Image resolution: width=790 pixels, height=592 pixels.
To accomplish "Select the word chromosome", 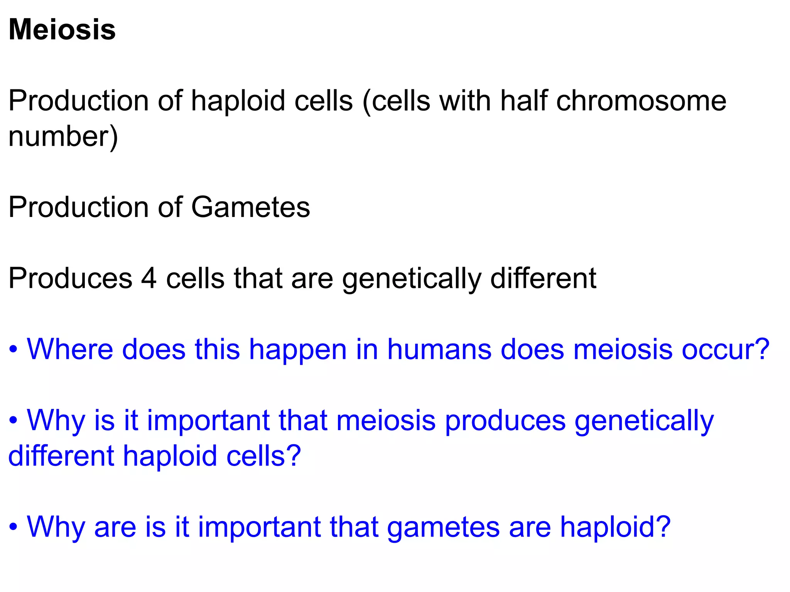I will (x=641, y=101).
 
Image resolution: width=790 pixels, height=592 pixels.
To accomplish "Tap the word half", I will (x=523, y=101).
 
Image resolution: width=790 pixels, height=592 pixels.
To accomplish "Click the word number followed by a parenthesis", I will (x=63, y=136).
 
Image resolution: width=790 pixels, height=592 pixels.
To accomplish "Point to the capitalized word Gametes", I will (x=250, y=207).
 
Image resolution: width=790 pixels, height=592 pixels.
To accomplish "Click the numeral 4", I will (x=149, y=278).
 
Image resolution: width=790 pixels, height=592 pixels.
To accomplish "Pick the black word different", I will (x=543, y=278).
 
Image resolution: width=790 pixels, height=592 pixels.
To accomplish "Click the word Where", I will (x=69, y=349).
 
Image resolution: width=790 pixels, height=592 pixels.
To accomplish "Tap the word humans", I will (x=439, y=349).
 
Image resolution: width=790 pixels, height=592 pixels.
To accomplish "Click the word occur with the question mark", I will (x=725, y=349).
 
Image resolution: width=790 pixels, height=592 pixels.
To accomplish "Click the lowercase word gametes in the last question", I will (x=443, y=527).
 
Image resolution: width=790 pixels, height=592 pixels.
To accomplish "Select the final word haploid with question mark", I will (x=615, y=527).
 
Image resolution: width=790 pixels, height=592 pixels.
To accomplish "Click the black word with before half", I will (x=465, y=101).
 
